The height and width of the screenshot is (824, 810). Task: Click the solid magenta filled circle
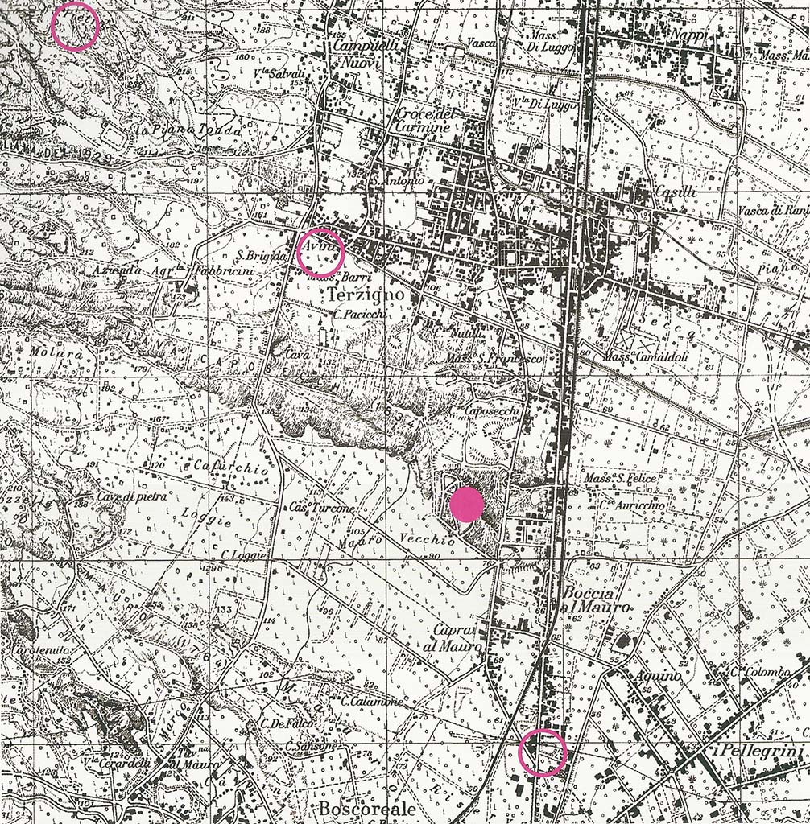click(466, 505)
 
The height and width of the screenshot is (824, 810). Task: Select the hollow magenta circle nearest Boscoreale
click(543, 753)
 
